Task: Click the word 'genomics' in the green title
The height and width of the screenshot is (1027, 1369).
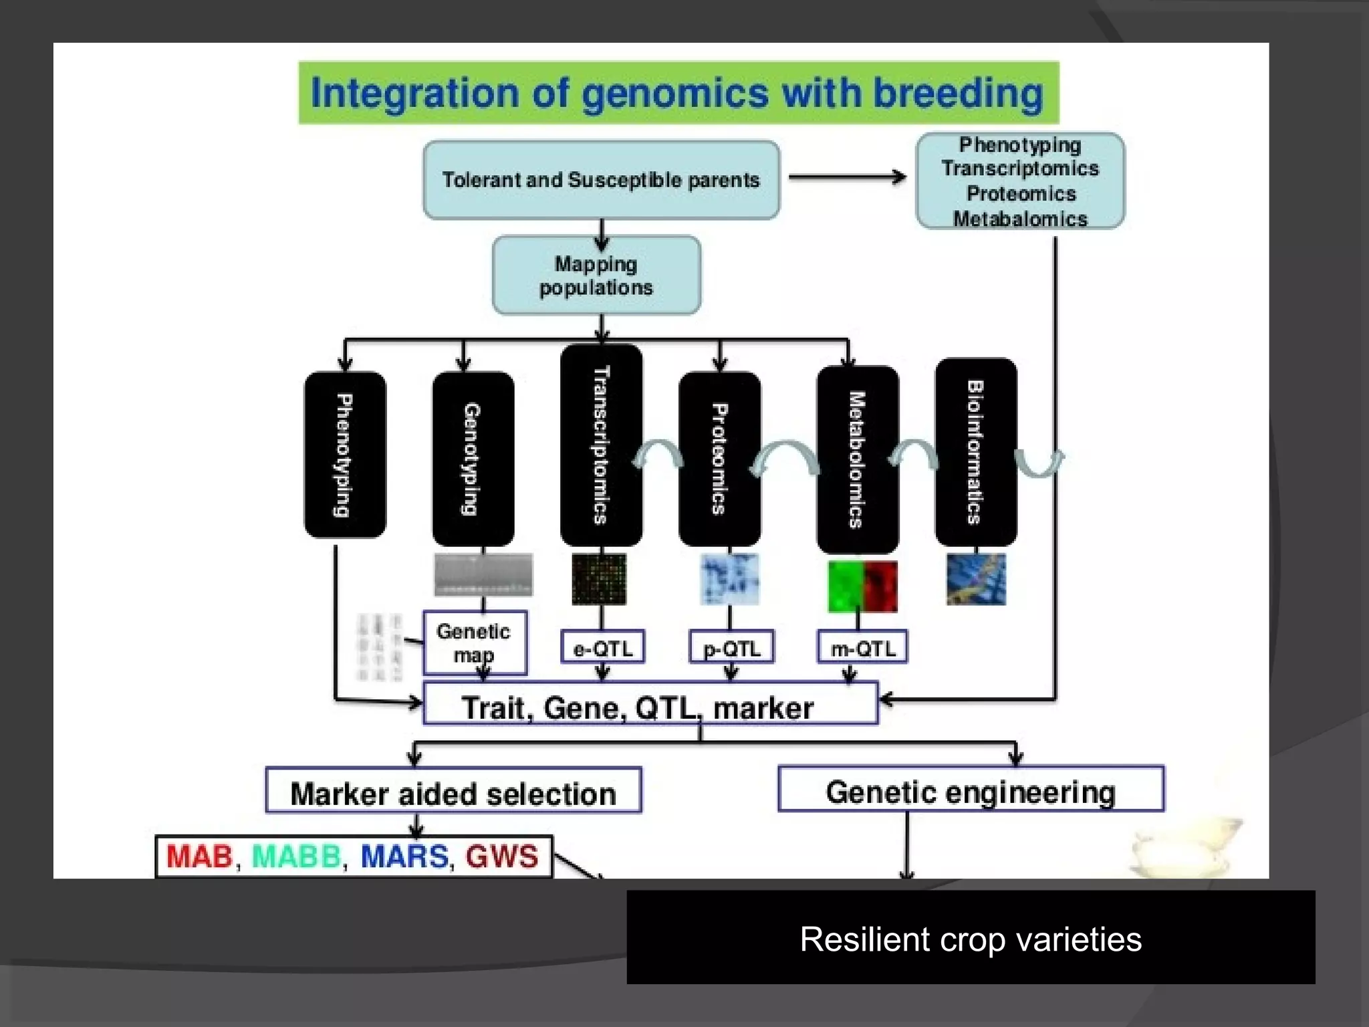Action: (x=675, y=93)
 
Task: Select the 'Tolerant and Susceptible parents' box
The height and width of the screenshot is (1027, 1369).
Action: (x=601, y=180)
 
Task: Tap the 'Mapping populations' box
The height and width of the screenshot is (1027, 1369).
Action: (x=596, y=275)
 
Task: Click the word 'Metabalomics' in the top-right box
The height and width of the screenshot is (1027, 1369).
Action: (x=1020, y=219)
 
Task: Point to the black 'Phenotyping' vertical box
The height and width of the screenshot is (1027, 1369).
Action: (x=344, y=455)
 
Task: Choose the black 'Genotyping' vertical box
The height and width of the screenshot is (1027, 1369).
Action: (x=473, y=459)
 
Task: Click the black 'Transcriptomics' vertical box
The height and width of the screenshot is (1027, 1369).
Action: (x=601, y=445)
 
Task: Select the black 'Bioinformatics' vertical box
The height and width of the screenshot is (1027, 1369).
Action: (x=975, y=452)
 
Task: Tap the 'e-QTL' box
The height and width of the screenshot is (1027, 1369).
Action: (x=602, y=647)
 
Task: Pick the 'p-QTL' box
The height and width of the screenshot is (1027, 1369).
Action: (x=731, y=647)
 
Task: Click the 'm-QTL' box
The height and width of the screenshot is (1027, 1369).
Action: (x=862, y=647)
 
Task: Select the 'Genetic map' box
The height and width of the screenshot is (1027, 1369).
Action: (x=474, y=643)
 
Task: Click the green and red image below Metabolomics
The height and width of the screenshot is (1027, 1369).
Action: (x=862, y=586)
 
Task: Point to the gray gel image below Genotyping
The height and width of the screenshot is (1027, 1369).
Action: (x=483, y=574)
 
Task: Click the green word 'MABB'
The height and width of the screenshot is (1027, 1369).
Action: (x=296, y=856)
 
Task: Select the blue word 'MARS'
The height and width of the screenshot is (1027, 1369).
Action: (x=404, y=856)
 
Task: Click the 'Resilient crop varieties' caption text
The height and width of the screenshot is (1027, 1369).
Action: (x=971, y=939)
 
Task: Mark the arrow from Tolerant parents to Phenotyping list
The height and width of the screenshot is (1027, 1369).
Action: (x=846, y=177)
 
